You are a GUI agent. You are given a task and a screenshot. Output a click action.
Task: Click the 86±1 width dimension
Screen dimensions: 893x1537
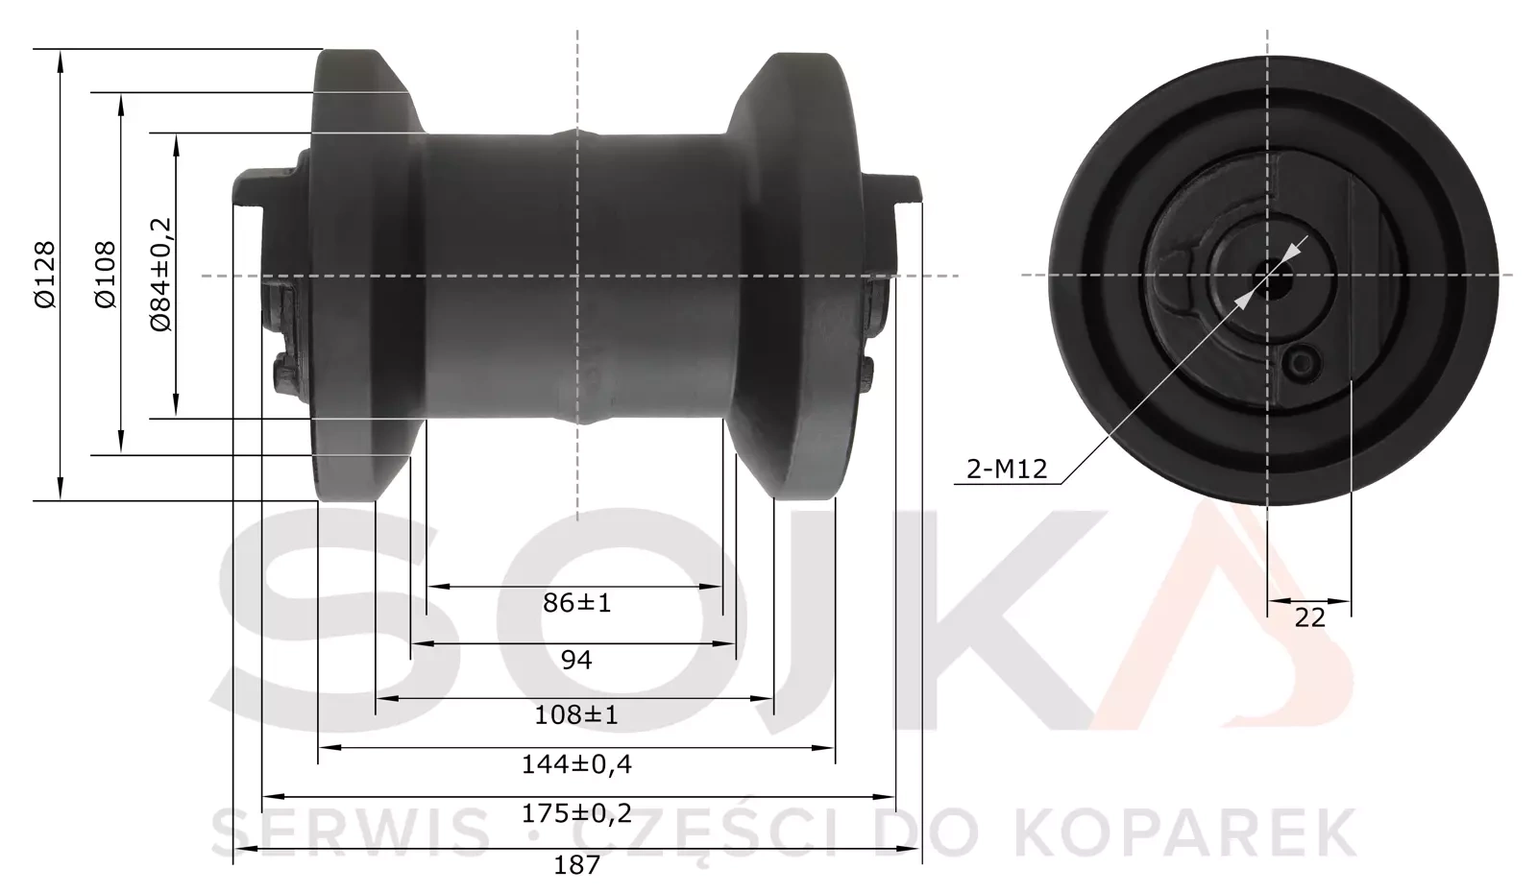[576, 603]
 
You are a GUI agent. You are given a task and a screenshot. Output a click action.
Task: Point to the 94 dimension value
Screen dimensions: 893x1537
[576, 660]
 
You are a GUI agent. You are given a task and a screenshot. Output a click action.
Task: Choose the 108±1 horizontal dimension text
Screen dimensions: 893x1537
[576, 714]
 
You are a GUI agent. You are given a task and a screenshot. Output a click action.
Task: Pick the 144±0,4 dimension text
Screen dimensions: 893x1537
[576, 764]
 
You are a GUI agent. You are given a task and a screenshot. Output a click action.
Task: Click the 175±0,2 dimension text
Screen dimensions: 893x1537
[576, 813]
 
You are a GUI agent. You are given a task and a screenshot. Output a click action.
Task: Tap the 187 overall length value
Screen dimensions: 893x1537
[576, 864]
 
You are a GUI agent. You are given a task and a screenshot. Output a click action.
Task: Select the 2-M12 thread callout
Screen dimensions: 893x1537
[1006, 470]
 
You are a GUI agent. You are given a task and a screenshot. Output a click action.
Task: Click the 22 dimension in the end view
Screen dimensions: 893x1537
[1309, 617]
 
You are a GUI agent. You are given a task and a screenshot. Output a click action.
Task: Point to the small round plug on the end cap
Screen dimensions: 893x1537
[1303, 362]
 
